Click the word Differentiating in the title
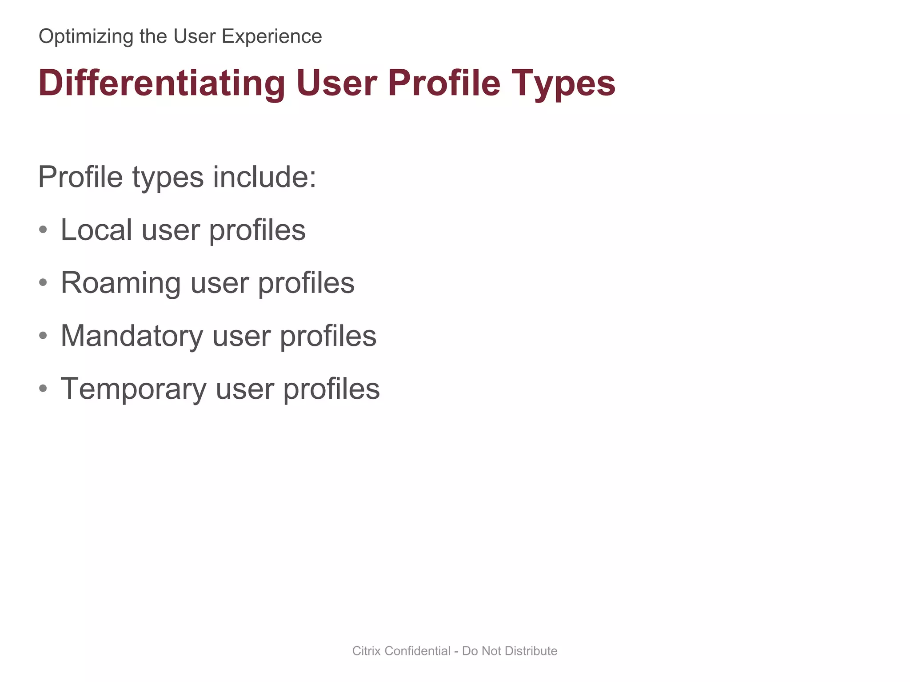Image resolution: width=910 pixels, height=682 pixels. (x=162, y=83)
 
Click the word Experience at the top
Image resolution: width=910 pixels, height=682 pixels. (x=271, y=36)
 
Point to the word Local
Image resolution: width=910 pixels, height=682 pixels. (x=96, y=230)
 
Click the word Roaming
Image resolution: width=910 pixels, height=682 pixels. (x=120, y=283)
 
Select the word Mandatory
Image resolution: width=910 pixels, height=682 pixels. (x=132, y=336)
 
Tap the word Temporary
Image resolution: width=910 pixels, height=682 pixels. (x=133, y=389)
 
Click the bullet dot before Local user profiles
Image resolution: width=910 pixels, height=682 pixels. (x=43, y=230)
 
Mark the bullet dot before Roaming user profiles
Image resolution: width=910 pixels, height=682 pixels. (x=43, y=283)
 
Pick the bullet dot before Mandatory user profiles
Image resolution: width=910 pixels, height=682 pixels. (x=43, y=336)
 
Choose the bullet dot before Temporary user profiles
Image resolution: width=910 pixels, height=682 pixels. (x=43, y=389)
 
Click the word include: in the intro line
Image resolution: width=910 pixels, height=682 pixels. (x=264, y=177)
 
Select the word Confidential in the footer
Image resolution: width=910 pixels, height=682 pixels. (x=417, y=651)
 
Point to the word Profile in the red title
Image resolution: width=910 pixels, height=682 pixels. (x=444, y=83)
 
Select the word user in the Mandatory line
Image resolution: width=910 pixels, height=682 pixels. (x=241, y=336)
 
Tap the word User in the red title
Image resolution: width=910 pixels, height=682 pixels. (x=336, y=83)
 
